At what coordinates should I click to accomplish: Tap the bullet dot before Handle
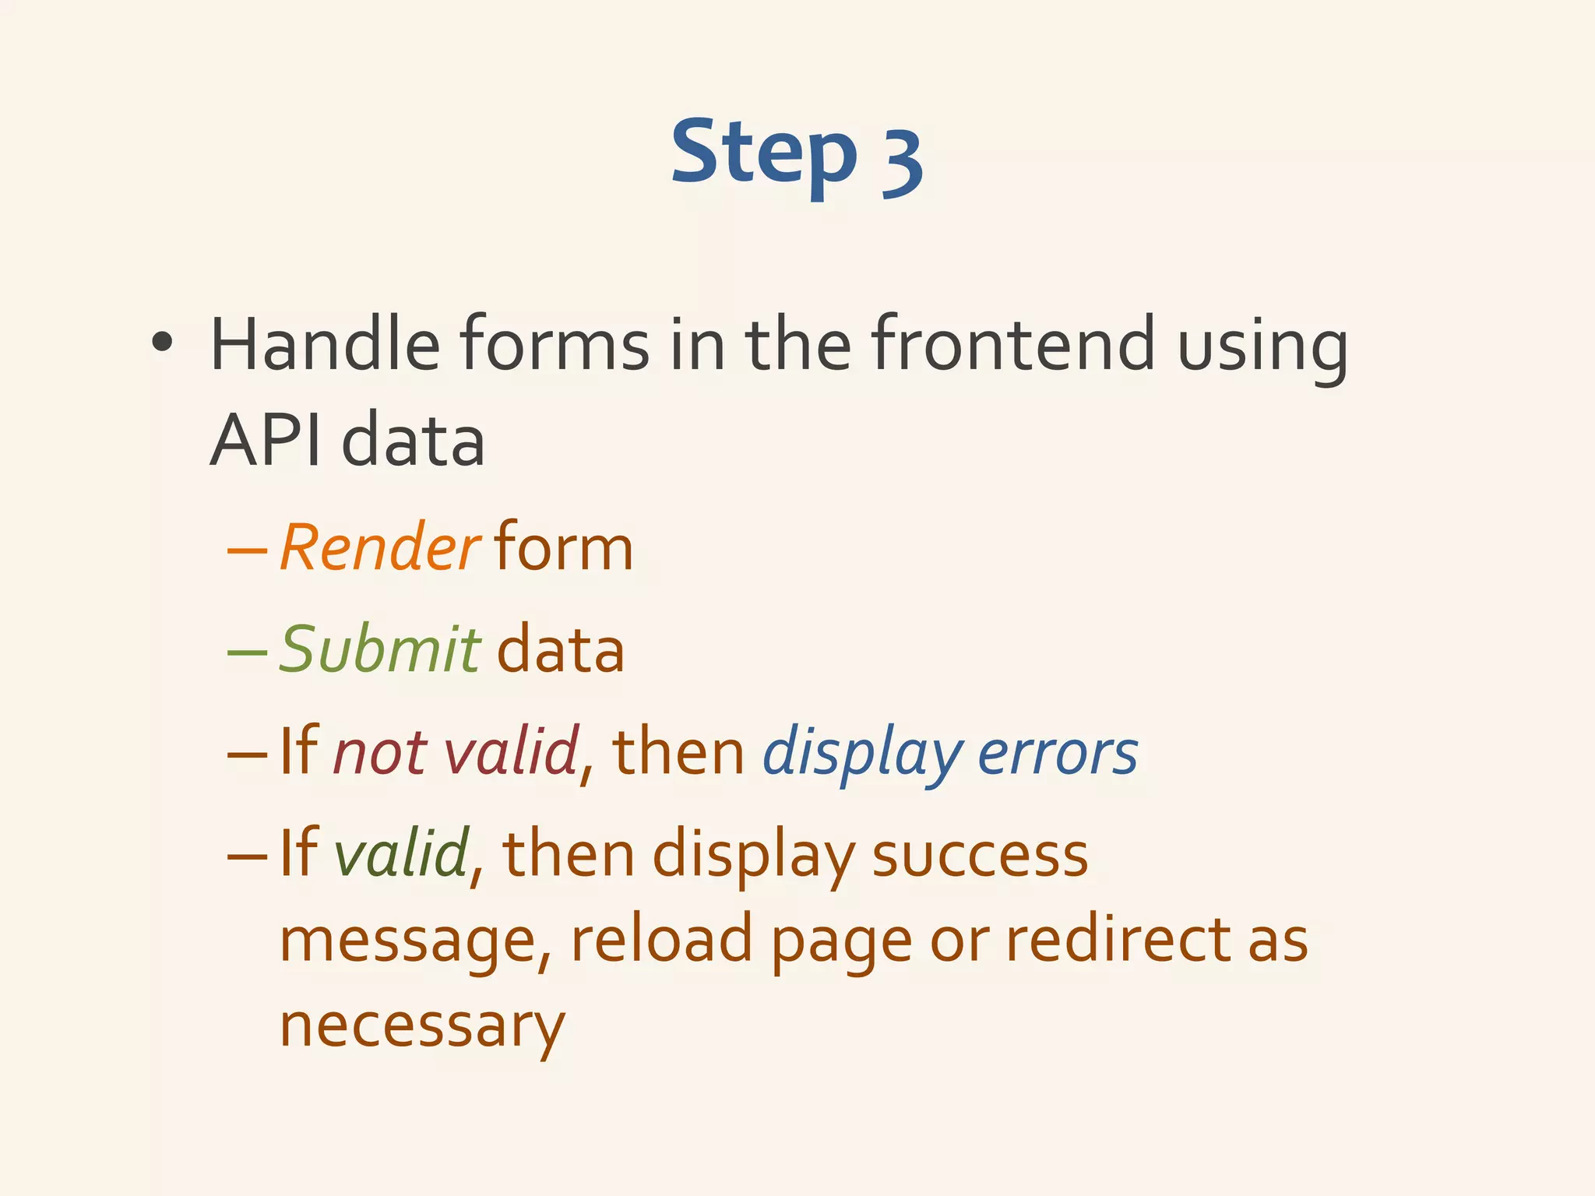[161, 342]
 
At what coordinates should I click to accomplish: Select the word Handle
[325, 344]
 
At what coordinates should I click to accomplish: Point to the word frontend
[1012, 344]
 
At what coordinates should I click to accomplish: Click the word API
[266, 441]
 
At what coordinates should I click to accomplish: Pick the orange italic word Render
[379, 548]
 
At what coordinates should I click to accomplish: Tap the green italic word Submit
[379, 649]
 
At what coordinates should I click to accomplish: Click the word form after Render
[564, 548]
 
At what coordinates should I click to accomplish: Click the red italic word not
[380, 752]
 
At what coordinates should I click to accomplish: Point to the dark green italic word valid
[401, 853]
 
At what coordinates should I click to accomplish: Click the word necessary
[421, 1026]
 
